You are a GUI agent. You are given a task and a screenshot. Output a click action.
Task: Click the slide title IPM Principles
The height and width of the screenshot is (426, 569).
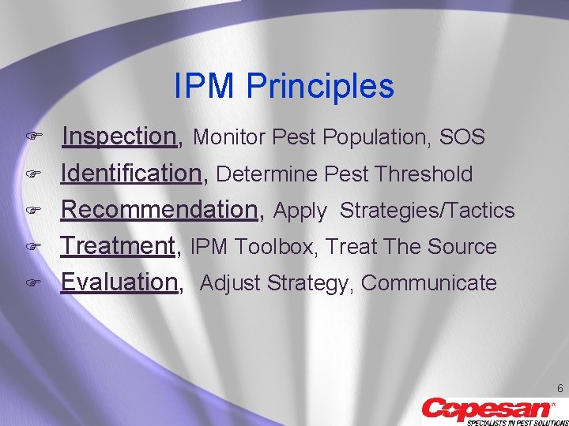[284, 87]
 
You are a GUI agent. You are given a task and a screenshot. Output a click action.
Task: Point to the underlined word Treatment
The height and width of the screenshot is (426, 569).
[119, 246]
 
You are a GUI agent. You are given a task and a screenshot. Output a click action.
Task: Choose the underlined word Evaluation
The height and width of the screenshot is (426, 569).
[120, 282]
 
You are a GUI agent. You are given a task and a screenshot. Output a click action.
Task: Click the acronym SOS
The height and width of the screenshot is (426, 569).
[462, 137]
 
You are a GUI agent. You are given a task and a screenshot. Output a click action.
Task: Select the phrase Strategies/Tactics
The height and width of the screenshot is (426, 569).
[427, 211]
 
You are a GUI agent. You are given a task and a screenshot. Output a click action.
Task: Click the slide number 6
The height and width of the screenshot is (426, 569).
[560, 388]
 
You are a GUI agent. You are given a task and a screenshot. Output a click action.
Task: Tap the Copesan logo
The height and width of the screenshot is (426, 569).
[488, 408]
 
